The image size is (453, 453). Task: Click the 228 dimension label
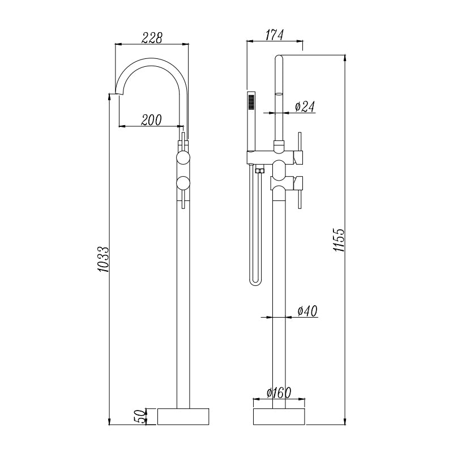pos(151,37)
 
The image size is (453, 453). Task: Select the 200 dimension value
pos(151,119)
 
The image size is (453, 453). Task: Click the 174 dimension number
pos(275,35)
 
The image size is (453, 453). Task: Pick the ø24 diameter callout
pos(305,106)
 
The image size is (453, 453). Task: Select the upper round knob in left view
pos(183,158)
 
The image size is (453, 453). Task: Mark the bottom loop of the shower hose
pos(255,280)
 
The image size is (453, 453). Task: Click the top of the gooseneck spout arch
pos(153,59)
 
